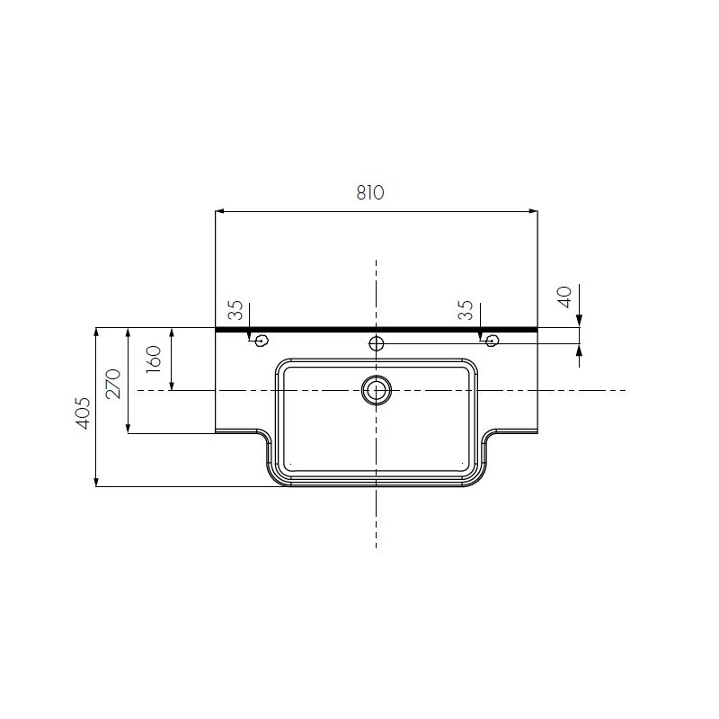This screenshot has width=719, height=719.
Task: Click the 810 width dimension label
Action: (370, 192)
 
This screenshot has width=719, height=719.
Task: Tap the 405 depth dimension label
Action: (83, 413)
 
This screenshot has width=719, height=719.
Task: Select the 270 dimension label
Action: (113, 384)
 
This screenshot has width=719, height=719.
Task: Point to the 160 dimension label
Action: (154, 359)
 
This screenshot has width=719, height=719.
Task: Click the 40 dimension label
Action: (564, 297)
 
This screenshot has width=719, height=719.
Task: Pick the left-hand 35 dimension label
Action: (235, 310)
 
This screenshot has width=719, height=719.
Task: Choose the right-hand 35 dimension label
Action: (466, 310)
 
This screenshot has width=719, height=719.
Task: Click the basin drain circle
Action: (377, 390)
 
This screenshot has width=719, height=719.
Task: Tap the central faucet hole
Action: (376, 342)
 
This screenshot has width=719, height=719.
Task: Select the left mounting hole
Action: (262, 341)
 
